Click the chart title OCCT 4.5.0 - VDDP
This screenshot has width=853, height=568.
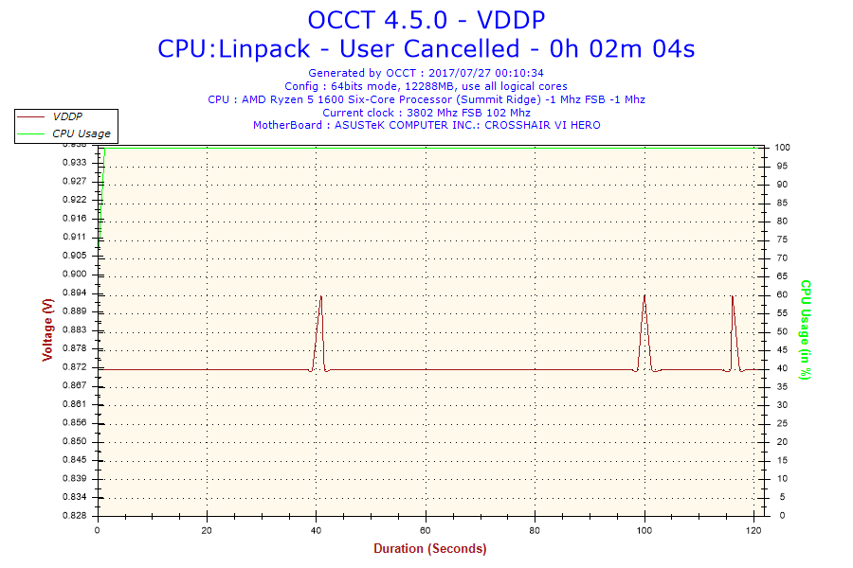(426, 19)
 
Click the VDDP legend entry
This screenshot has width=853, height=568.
(67, 116)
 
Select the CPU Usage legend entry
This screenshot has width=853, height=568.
(81, 133)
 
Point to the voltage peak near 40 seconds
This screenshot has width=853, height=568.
(321, 297)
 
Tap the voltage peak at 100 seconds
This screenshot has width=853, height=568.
(644, 296)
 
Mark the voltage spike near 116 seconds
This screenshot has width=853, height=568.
(732, 297)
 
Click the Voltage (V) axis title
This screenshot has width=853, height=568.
(47, 329)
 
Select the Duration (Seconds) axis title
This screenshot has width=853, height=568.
(429, 549)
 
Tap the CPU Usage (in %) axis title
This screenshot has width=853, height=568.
(806, 329)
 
